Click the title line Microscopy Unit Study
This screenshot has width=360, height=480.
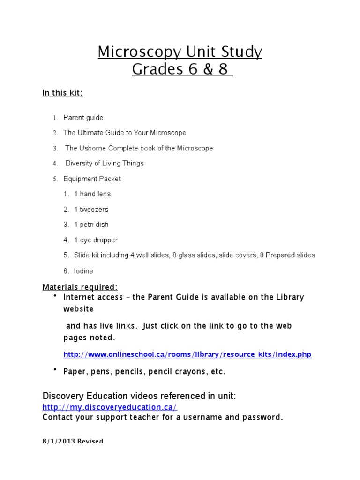(x=180, y=52)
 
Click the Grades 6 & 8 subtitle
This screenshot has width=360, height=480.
(x=180, y=69)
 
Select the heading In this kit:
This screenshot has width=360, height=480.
(x=62, y=93)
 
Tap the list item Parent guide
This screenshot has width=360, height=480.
(x=83, y=118)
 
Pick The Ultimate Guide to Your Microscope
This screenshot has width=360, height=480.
(x=125, y=133)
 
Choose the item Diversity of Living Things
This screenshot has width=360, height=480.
(x=104, y=163)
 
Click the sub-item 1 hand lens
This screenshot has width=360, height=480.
(x=92, y=194)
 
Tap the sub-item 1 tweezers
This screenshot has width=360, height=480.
(x=91, y=209)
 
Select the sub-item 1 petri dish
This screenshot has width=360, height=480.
(x=91, y=225)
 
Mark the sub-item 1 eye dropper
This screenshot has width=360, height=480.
(x=96, y=240)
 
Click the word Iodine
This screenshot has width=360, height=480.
(x=83, y=271)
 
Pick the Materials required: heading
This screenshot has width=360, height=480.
(x=80, y=287)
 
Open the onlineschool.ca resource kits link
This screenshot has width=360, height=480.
(x=187, y=354)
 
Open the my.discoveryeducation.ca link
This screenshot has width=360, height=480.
(x=110, y=407)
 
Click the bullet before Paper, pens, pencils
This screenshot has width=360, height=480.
(x=55, y=370)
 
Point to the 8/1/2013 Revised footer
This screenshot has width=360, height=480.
(x=73, y=441)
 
